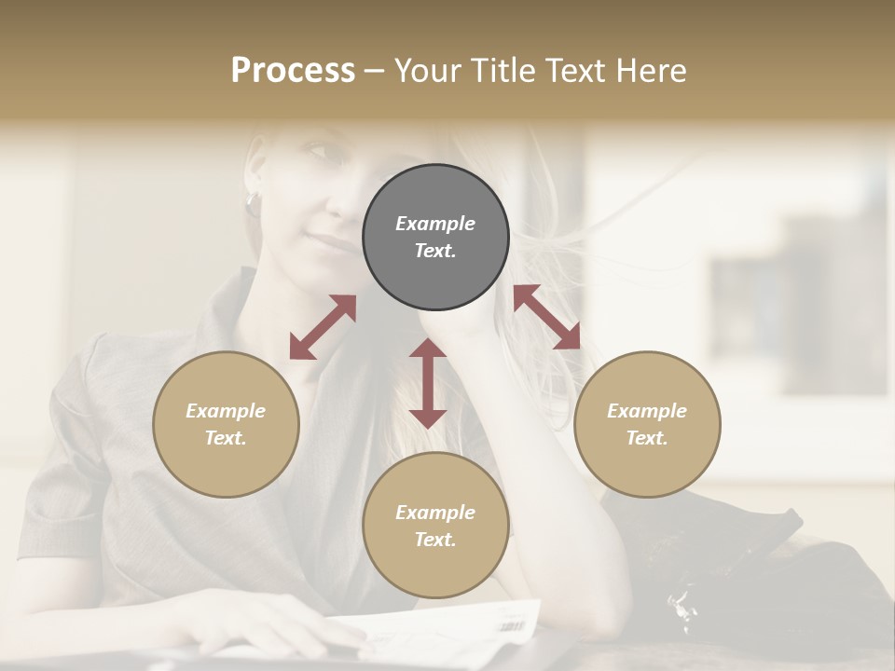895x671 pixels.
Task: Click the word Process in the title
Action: (293, 71)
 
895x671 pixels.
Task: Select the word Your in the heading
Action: (425, 71)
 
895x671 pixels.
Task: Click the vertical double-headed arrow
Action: (428, 383)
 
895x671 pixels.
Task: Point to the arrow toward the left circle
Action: (323, 327)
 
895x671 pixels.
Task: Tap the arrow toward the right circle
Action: (547, 317)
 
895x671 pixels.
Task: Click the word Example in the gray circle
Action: (435, 224)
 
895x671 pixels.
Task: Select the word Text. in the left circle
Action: (226, 438)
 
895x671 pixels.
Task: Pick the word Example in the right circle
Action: (647, 411)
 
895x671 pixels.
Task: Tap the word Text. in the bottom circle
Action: (435, 540)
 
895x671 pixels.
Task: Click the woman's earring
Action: (252, 200)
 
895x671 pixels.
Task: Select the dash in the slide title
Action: (375, 72)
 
